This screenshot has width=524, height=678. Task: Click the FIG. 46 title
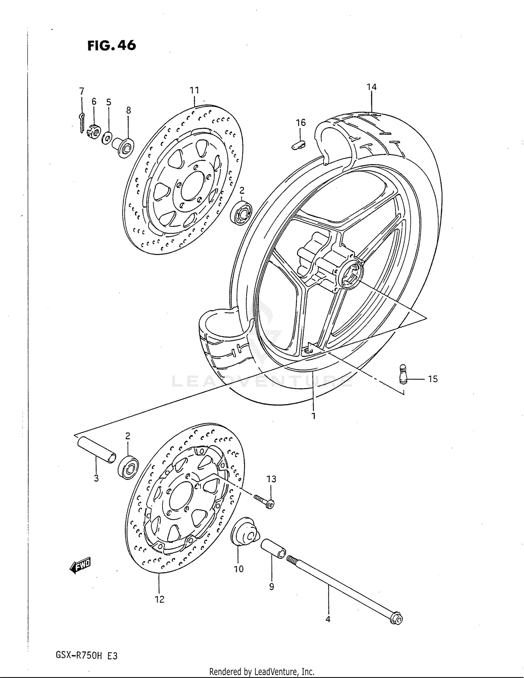111,45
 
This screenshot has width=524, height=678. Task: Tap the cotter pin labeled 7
81,122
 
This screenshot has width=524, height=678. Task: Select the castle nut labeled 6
94,130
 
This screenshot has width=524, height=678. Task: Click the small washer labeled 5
107,139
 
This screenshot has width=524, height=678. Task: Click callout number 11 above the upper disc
194,90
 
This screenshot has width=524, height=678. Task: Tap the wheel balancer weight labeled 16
298,144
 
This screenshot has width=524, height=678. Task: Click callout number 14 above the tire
372,87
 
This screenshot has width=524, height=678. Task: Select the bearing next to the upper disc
241,212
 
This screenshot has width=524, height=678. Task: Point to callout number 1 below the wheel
313,416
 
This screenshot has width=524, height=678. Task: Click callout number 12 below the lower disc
159,599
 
